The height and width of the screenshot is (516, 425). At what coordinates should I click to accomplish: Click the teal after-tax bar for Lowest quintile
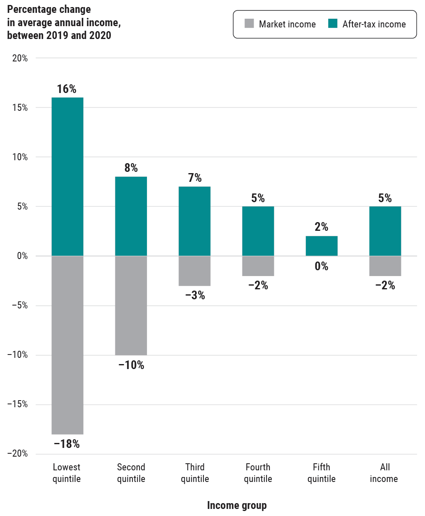click(x=67, y=176)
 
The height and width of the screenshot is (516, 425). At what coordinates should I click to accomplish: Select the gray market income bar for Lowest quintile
click(x=67, y=345)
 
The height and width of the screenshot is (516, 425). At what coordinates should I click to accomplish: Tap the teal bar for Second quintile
click(x=131, y=216)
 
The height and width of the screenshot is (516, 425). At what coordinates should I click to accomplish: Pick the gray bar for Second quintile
click(x=131, y=306)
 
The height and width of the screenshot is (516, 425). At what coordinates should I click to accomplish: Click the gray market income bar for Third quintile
click(x=194, y=271)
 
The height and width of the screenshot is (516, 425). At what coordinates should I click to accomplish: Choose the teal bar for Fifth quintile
click(x=321, y=246)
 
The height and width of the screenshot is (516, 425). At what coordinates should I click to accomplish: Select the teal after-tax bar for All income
click(x=385, y=231)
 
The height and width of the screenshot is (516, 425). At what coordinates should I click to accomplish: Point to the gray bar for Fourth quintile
click(x=258, y=266)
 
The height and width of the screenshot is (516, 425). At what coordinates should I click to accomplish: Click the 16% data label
click(x=66, y=89)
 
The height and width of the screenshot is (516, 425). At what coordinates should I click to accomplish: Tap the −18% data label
click(x=66, y=444)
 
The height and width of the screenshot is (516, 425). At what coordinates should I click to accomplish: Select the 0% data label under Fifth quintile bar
click(x=321, y=266)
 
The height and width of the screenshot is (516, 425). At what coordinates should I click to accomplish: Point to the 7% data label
click(x=195, y=178)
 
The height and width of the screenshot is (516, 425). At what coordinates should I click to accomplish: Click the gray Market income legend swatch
click(x=249, y=24)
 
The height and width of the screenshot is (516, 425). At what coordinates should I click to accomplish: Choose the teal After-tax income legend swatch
click(x=332, y=24)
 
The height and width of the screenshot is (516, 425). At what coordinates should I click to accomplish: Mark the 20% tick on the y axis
click(x=20, y=58)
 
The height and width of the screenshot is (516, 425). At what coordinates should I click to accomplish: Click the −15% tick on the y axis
click(x=17, y=404)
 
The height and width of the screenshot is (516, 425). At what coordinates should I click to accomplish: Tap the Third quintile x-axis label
click(x=195, y=473)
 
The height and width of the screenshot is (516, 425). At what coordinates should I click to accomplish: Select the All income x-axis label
click(x=384, y=473)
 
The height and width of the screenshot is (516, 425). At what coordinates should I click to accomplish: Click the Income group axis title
click(x=237, y=505)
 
